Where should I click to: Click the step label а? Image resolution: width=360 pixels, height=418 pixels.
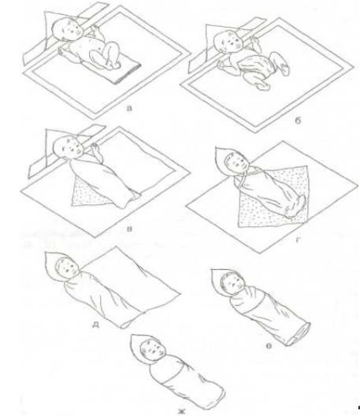(129, 108)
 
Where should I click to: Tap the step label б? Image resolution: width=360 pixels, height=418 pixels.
(298, 121)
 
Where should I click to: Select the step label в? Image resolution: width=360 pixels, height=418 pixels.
(129, 229)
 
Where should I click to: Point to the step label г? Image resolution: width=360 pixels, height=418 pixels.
(299, 240)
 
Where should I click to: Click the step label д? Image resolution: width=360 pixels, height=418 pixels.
(95, 325)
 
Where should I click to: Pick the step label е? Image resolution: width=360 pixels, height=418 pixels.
(269, 346)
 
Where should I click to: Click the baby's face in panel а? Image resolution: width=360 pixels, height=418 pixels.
(70, 30)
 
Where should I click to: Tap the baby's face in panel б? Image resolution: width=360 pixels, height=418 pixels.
(232, 43)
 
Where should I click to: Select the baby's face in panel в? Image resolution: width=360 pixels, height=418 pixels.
(72, 148)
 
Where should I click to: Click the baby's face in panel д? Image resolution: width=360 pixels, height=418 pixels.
(69, 268)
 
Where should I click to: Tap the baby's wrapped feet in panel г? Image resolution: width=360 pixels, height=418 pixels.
(295, 206)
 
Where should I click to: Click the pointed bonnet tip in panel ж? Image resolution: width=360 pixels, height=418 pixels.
(133, 337)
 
